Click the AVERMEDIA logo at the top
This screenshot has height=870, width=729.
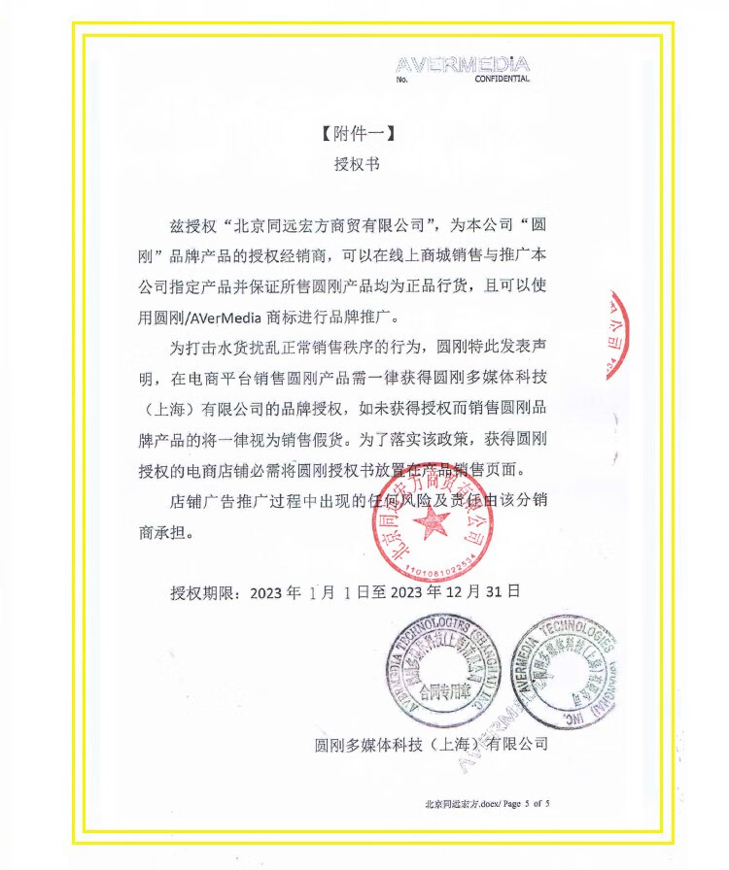click(x=463, y=65)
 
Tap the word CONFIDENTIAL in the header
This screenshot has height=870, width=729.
click(x=502, y=80)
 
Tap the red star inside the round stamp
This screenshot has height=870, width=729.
click(x=432, y=525)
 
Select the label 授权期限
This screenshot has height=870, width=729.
click(x=204, y=590)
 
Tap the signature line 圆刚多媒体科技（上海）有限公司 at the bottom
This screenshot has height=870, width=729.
click(x=432, y=745)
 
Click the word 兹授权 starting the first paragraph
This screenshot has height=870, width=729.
click(x=191, y=227)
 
